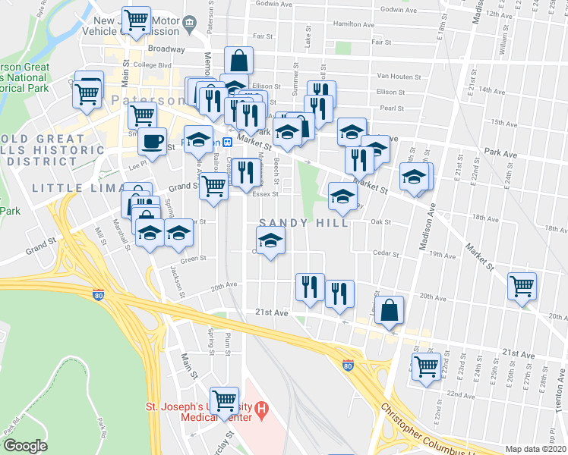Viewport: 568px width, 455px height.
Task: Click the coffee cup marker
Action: coord(152,142)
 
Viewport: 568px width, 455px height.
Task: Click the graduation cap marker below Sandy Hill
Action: coord(270,241)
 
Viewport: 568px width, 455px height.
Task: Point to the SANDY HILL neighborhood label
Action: coord(305,223)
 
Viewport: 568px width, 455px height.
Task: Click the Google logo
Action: coord(25,446)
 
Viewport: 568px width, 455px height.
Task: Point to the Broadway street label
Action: coord(166,48)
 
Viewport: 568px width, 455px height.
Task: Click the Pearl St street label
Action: coord(392,108)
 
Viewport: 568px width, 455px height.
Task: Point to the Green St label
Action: coord(193,259)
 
